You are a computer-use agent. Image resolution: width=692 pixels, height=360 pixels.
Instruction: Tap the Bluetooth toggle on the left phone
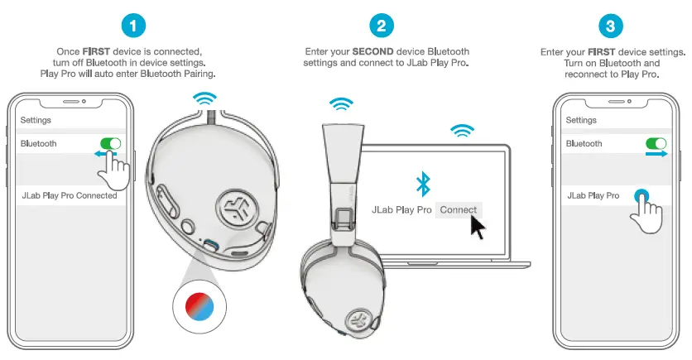pos(110,143)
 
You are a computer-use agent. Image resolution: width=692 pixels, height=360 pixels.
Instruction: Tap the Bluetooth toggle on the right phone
pos(656,143)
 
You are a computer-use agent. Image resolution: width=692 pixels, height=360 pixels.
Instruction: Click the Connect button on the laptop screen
pos(458,209)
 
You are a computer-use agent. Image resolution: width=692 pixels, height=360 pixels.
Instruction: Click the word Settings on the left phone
pos(36,120)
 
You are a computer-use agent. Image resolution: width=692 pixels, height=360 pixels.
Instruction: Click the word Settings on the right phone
pos(581,120)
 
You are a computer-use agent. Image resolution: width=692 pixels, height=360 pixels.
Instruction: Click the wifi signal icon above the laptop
pos(462,131)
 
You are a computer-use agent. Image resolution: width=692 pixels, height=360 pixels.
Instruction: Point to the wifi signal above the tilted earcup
pos(204,99)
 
